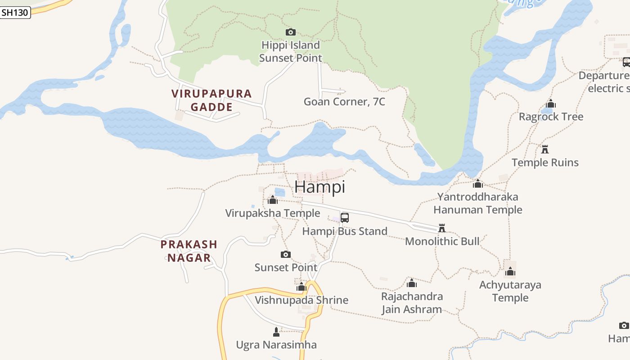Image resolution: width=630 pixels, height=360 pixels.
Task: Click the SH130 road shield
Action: [15, 13]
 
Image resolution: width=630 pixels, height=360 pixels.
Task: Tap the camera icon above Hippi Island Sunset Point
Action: [291, 32]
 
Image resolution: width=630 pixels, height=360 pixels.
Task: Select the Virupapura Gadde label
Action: [211, 100]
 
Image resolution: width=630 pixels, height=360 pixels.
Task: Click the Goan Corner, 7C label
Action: [344, 102]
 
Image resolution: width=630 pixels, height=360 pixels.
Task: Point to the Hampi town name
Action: [319, 187]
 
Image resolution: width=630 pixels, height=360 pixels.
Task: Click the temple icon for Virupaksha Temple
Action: [273, 200]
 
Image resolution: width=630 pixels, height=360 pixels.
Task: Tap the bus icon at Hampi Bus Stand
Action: [345, 218]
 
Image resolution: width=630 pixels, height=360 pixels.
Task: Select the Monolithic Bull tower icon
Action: [442, 228]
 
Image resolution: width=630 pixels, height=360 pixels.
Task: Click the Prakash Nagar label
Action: [189, 251]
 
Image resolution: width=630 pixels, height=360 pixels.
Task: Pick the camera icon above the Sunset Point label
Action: [286, 255]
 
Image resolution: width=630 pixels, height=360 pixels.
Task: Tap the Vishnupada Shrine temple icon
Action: [301, 287]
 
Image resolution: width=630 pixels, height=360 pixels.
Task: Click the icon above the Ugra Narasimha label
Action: [276, 332]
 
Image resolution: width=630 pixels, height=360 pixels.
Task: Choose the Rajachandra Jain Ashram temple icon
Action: [412, 283]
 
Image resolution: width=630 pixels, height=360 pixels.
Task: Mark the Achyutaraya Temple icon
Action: [510, 271]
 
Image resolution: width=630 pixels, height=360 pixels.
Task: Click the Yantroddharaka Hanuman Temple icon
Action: [478, 184]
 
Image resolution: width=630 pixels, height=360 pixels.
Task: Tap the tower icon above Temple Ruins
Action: [545, 149]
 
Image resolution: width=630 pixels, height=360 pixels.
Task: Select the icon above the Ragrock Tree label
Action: [551, 104]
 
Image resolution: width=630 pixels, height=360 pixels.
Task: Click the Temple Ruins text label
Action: [545, 162]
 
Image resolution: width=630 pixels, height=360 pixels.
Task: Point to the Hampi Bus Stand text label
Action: [344, 231]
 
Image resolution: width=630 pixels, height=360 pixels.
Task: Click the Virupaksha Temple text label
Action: [273, 213]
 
